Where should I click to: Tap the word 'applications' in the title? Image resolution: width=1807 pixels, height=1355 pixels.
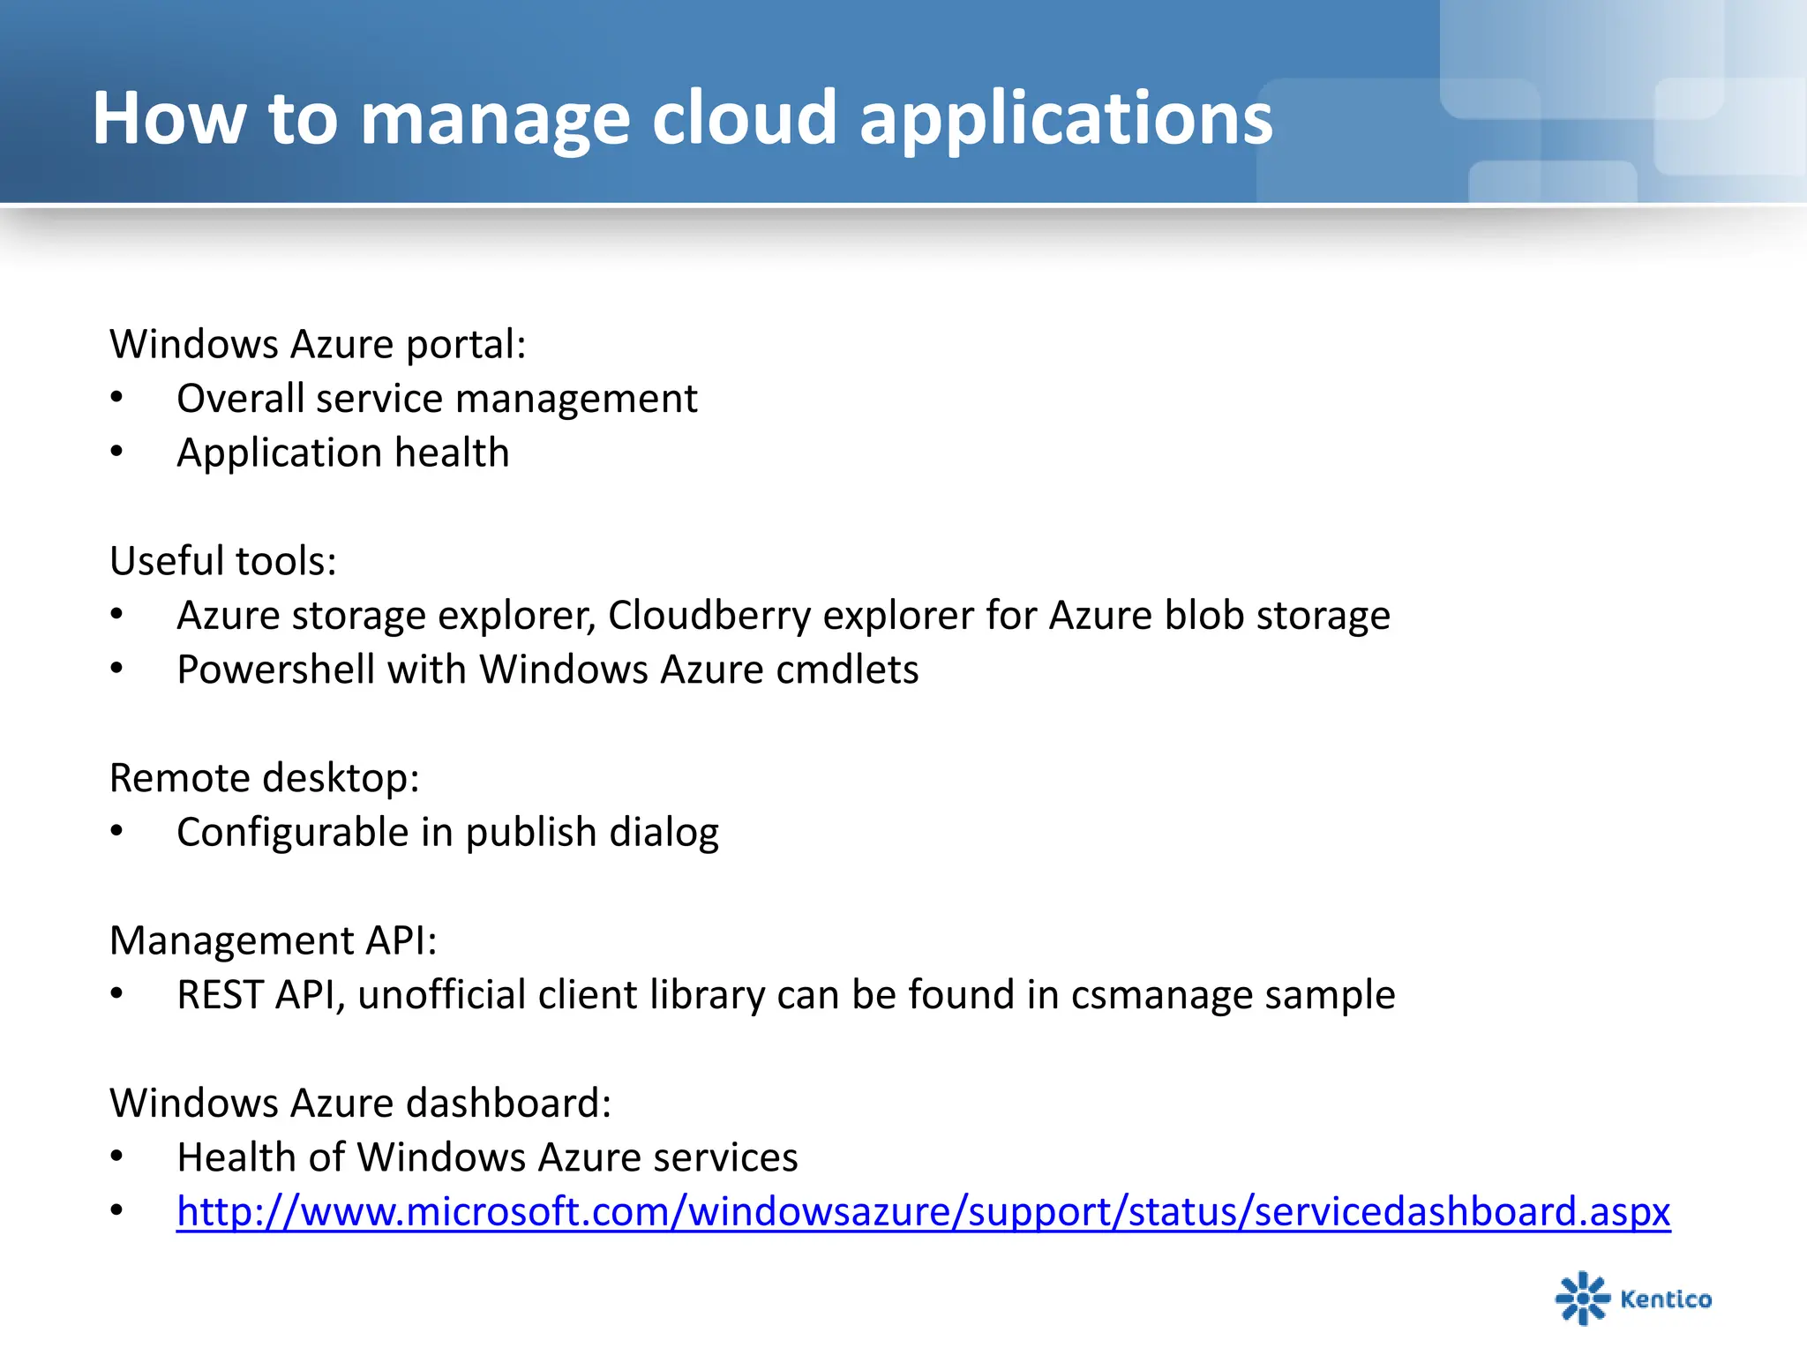(x=1066, y=119)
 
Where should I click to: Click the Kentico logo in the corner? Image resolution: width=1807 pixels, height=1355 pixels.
(x=1633, y=1298)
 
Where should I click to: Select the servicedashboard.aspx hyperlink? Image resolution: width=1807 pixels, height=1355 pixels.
(x=923, y=1211)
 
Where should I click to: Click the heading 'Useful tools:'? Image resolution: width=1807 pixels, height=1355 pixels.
(x=223, y=561)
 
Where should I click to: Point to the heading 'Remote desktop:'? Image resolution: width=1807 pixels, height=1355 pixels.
(x=264, y=778)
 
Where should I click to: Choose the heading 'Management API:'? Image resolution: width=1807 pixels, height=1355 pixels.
(x=273, y=940)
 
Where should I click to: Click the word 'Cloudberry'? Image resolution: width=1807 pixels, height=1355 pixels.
(x=709, y=616)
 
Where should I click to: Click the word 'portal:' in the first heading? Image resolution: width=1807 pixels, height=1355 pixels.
(x=466, y=345)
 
